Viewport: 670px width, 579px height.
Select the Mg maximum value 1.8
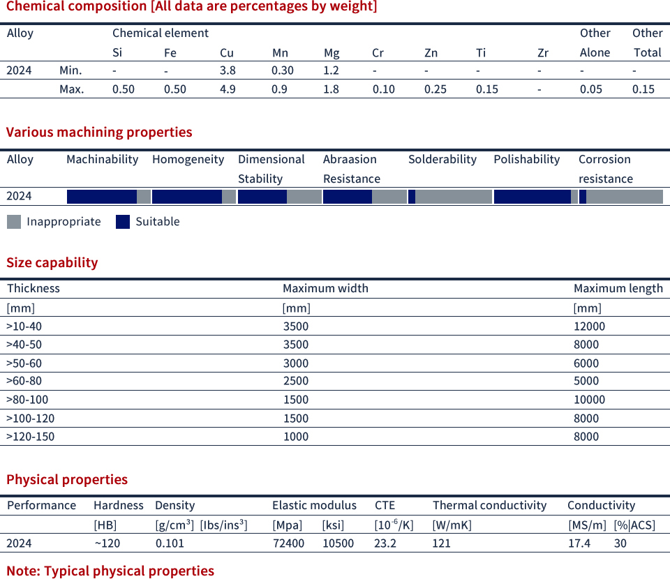pyautogui.click(x=332, y=89)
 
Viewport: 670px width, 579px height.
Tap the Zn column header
pyautogui.click(x=431, y=52)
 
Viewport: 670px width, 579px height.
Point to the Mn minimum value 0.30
pyautogui.click(x=283, y=70)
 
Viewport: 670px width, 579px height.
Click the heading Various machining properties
pyautogui.click(x=99, y=132)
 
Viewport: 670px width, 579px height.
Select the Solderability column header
pyautogui.click(x=442, y=159)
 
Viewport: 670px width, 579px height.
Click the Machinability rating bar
pyautogui.click(x=108, y=197)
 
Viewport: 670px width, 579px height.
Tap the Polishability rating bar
pyautogui.click(x=535, y=197)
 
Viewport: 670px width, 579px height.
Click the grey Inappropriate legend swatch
pyautogui.click(x=14, y=222)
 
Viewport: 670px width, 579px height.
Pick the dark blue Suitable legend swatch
pyautogui.click(x=123, y=222)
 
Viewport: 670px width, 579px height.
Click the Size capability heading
pyautogui.click(x=52, y=262)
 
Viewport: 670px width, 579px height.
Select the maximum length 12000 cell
pyautogui.click(x=589, y=326)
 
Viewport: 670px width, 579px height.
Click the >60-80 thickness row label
pyautogui.click(x=24, y=381)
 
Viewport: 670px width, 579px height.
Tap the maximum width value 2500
pyautogui.click(x=295, y=381)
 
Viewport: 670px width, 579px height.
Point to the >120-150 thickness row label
pyautogui.click(x=30, y=437)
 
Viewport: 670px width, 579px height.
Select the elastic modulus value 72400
pyautogui.click(x=288, y=543)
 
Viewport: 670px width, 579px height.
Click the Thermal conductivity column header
pyautogui.click(x=489, y=505)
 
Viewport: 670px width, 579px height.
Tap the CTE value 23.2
pyautogui.click(x=386, y=543)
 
